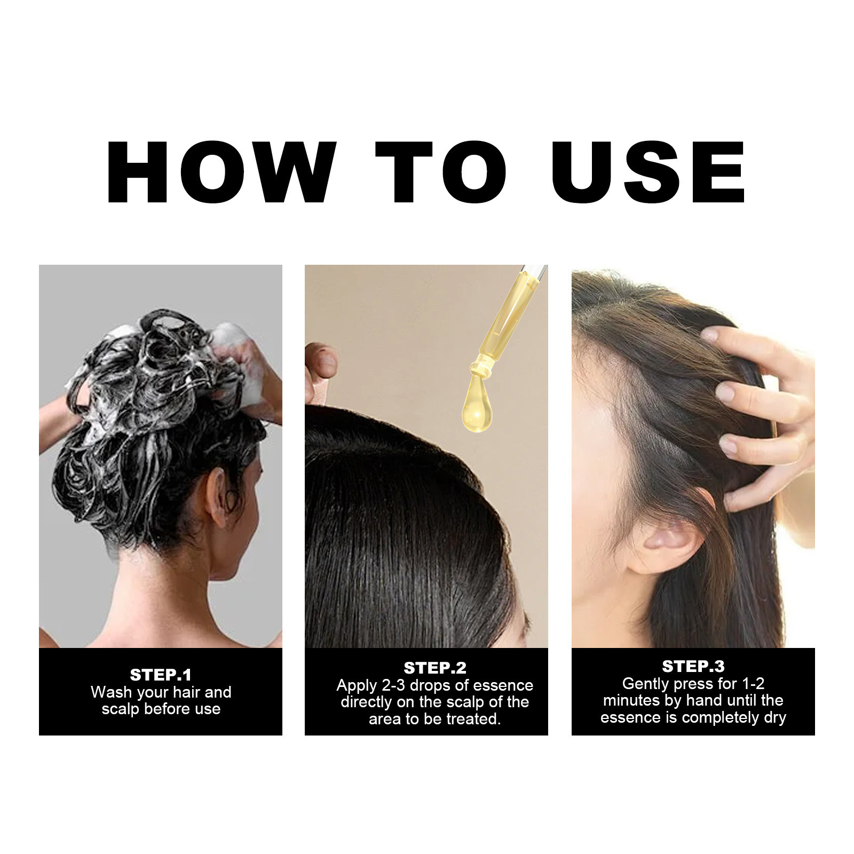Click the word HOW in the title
(x=222, y=172)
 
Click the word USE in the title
(x=648, y=172)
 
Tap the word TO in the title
(x=441, y=172)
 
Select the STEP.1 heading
(x=161, y=675)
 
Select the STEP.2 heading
(x=435, y=668)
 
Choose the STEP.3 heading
(x=693, y=667)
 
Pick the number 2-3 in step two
(x=393, y=685)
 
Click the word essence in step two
(x=503, y=685)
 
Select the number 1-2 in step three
(x=753, y=684)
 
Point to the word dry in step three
(x=775, y=717)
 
